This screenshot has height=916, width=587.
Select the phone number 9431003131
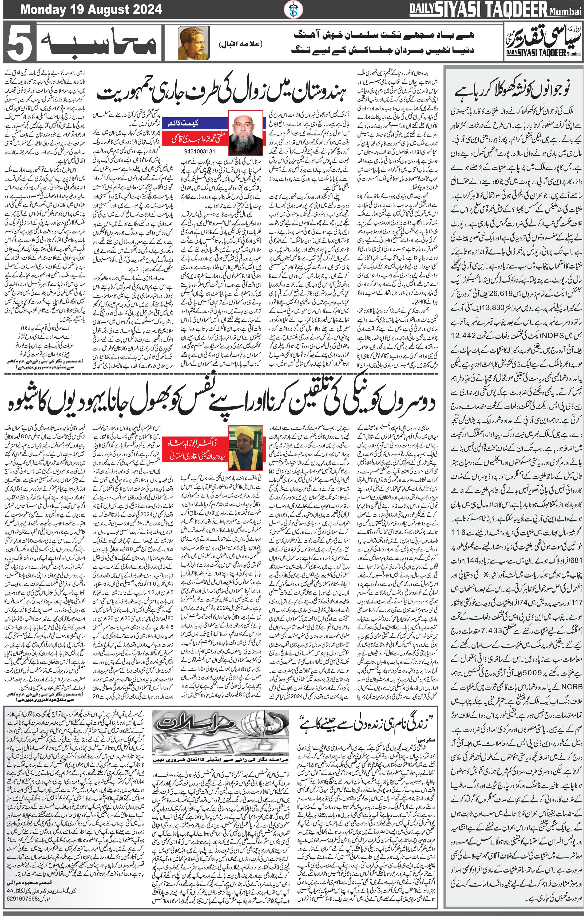tap(199, 151)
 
